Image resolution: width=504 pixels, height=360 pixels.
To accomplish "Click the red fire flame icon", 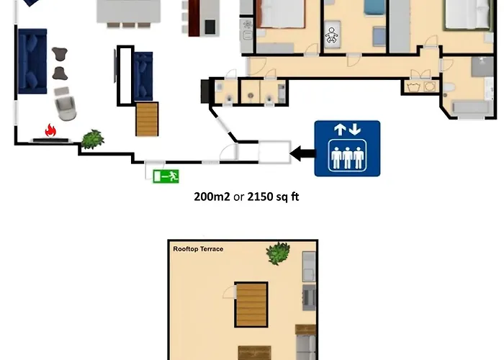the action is click(50, 130).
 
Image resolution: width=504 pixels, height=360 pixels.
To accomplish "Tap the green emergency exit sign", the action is click(166, 176).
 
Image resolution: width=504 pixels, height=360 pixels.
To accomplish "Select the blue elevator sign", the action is click(347, 148).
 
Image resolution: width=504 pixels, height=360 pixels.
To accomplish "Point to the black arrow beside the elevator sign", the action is click(302, 153).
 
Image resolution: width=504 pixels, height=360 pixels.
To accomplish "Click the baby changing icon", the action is click(331, 35).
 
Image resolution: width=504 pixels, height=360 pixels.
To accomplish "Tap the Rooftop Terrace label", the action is click(198, 249).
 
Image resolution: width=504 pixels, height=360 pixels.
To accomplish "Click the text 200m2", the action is click(212, 197).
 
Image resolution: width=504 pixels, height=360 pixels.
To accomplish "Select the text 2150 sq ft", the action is click(273, 197).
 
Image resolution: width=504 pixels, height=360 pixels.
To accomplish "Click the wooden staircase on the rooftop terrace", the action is click(251, 305).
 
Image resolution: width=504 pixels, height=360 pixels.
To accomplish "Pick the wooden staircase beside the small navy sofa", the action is click(147, 120).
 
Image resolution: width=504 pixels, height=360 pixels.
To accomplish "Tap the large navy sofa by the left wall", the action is click(32, 61).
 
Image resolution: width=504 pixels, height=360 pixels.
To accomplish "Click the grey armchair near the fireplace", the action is click(66, 104).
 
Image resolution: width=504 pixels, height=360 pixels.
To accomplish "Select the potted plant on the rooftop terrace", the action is click(279, 253).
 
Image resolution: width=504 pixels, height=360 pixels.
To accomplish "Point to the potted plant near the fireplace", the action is click(93, 139).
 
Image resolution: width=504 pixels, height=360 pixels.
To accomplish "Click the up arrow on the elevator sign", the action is click(340, 130).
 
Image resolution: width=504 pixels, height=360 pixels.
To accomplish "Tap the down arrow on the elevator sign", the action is click(355, 130).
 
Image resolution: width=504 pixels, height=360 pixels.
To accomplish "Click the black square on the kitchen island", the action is click(210, 27).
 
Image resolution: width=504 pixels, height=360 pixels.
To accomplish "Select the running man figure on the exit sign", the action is click(174, 176).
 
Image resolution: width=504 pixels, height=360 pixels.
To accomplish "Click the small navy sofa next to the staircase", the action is click(143, 76).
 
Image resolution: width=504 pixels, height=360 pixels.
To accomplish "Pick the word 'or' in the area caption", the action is click(238, 197).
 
